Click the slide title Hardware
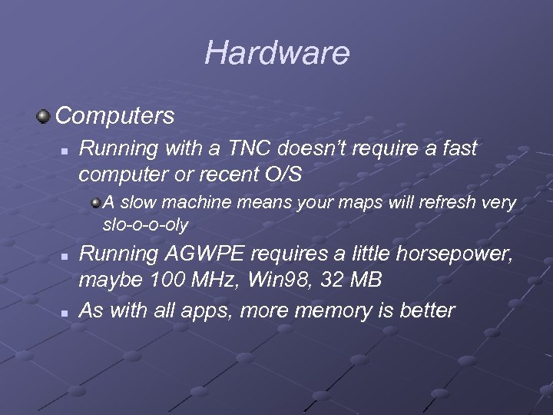276,53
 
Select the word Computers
115,116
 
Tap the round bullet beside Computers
43,117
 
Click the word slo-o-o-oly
145,225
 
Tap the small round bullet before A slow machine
96,203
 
